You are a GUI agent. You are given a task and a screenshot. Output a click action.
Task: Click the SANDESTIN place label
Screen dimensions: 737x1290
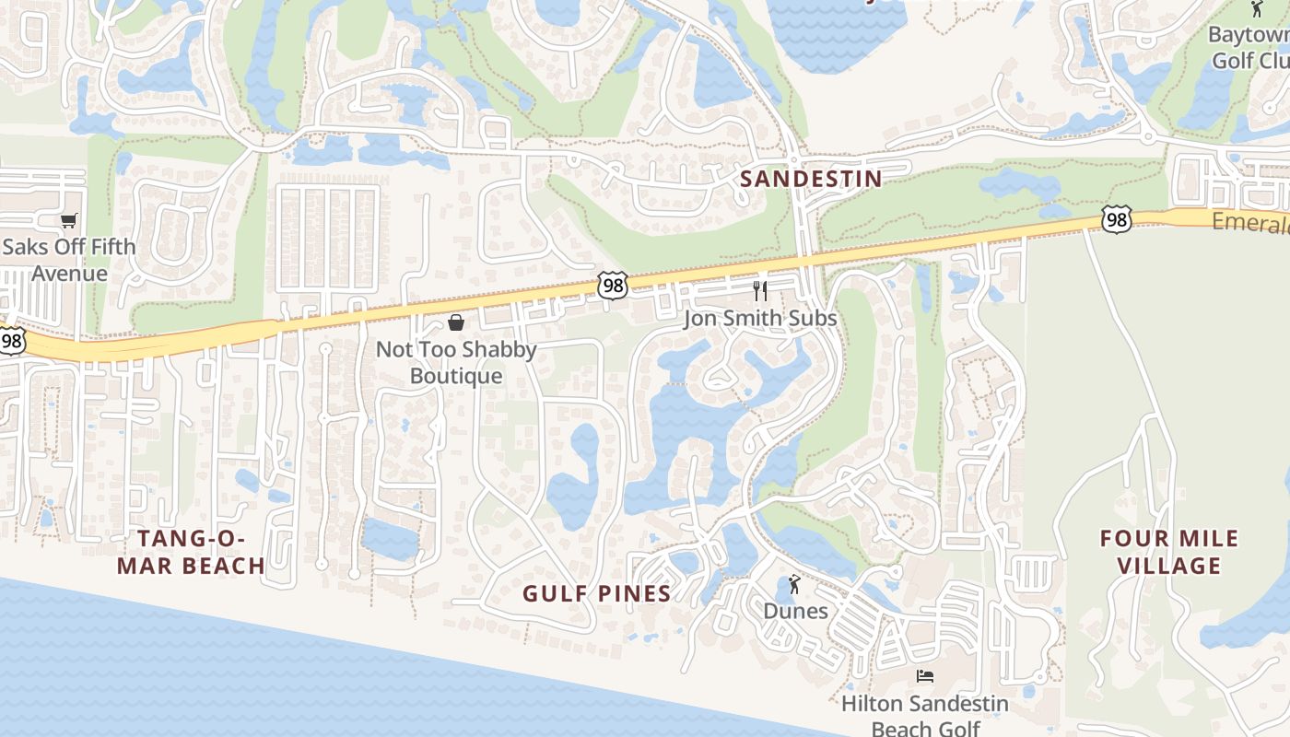[x=811, y=179]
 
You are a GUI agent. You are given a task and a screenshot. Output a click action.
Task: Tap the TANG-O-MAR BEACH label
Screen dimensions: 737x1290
[x=191, y=552]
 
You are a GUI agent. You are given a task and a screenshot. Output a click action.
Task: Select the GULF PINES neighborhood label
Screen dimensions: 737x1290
[x=597, y=593]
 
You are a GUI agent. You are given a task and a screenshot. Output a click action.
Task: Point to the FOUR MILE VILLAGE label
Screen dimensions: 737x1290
[x=1169, y=552]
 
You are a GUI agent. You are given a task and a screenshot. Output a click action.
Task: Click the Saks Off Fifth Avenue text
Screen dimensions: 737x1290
[x=69, y=260]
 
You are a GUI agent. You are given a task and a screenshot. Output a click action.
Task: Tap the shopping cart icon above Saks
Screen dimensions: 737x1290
[x=68, y=220]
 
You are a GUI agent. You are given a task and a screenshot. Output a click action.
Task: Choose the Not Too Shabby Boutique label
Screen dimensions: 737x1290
[x=456, y=363]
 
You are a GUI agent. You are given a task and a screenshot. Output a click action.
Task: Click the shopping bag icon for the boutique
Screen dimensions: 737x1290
[x=455, y=322]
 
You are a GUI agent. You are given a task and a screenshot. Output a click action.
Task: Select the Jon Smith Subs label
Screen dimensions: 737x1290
[x=760, y=318]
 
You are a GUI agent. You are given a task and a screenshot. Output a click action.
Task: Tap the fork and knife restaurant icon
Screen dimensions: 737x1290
[x=760, y=291]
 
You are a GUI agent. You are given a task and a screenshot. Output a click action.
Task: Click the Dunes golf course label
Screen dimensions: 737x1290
[x=795, y=611]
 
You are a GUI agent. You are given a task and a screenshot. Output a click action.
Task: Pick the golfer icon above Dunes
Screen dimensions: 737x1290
[x=794, y=584]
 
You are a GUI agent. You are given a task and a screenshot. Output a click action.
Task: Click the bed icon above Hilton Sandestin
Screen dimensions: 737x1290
[x=925, y=676]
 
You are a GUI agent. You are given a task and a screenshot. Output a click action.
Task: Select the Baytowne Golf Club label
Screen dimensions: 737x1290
[x=1249, y=48]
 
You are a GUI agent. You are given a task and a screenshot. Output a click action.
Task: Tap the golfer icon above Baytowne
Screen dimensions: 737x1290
[x=1257, y=9]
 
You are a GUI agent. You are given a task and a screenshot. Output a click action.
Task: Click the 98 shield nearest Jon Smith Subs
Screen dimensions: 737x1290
[x=613, y=285]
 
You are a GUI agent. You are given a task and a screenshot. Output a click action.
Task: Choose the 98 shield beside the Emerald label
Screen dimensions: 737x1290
[x=1116, y=219]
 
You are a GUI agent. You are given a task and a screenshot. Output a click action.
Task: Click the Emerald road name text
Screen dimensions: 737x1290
[x=1249, y=222]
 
